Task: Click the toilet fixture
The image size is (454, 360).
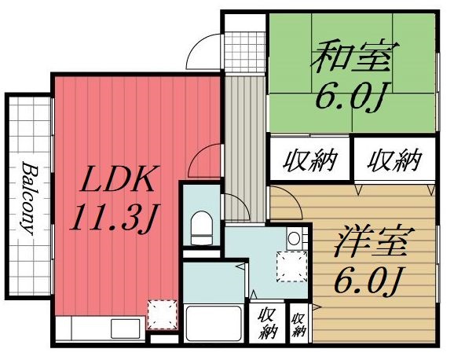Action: [x=201, y=227]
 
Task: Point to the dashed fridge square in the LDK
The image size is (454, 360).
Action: [x=163, y=315]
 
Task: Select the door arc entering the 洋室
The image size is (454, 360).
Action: [x=288, y=204]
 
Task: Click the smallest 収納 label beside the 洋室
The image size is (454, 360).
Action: [x=298, y=325]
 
